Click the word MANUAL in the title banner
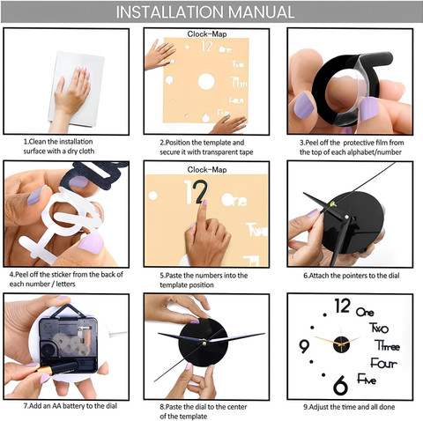point(261,12)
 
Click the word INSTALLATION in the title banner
point(170,12)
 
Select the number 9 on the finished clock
point(304,346)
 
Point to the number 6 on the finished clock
point(340,385)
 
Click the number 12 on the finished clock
point(343,306)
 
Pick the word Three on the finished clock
point(388,345)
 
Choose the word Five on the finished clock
point(367,379)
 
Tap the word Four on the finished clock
point(383,363)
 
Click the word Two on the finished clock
point(379,328)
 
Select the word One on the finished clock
point(365,312)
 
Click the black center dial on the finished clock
point(341,345)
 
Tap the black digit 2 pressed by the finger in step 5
point(202,192)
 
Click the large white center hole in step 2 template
point(206,81)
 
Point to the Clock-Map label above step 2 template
point(207,34)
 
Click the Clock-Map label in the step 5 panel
point(207,170)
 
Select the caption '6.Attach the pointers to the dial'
point(352,276)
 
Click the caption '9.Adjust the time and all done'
point(349,407)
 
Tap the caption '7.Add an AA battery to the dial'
point(70,406)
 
